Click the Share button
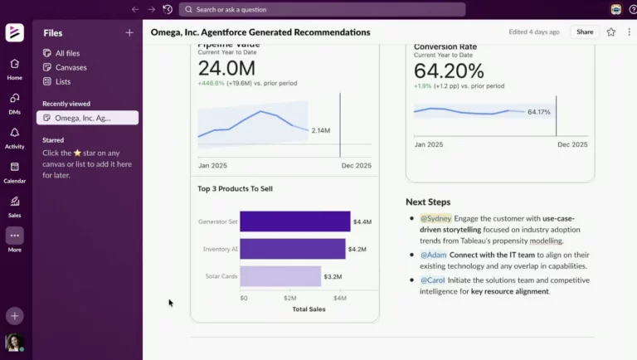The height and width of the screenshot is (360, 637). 585,32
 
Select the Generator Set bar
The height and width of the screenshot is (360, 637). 294,221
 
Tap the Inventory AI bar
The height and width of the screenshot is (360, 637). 292,249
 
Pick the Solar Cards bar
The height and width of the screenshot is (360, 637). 280,276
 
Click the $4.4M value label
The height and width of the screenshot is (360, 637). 362,221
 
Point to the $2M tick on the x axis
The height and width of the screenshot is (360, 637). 291,298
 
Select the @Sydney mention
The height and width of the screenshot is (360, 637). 436,218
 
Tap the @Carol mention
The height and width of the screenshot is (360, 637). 432,280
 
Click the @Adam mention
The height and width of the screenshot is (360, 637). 433,255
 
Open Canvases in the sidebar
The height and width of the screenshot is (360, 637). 71,67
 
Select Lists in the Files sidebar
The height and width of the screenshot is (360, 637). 64,81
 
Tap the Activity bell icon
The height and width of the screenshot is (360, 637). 14,133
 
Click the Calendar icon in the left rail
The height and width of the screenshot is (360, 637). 14,167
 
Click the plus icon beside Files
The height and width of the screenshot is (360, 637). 129,33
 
